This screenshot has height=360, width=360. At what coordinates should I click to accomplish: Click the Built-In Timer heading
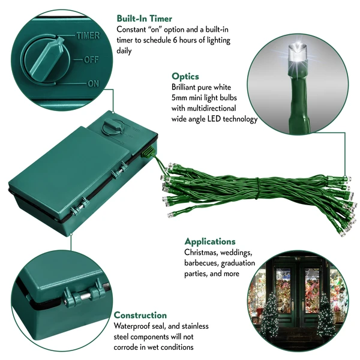pyautogui.click(x=145, y=19)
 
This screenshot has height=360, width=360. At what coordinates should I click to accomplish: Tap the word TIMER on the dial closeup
pyautogui.click(x=88, y=36)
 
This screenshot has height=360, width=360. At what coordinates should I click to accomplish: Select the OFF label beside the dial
pyautogui.click(x=91, y=59)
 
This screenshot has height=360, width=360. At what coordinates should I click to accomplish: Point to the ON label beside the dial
pyautogui.click(x=93, y=83)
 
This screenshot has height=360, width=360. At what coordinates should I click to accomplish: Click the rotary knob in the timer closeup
pyautogui.click(x=46, y=59)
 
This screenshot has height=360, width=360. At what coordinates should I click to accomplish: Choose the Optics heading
pyautogui.click(x=185, y=76)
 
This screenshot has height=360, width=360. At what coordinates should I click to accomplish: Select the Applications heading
pyautogui.click(x=210, y=241)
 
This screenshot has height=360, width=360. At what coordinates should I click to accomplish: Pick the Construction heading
pyautogui.click(x=140, y=315)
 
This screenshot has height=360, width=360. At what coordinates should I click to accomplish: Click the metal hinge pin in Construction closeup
pyautogui.click(x=85, y=296)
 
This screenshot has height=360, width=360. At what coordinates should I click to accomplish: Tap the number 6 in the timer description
pyautogui.click(x=175, y=40)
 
